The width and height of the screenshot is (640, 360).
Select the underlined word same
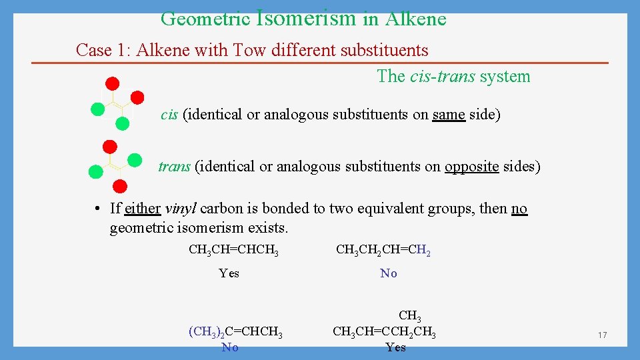tap(448, 115)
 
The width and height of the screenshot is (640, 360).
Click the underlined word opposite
tap(471, 167)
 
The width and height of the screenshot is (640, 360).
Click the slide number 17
tap(602, 335)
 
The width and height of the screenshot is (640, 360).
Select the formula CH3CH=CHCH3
tap(233, 251)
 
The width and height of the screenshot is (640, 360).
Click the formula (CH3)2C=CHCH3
tap(235, 332)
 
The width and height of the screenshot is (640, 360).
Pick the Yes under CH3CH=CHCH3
tap(229, 273)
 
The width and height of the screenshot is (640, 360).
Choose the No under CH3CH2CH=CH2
tap(388, 273)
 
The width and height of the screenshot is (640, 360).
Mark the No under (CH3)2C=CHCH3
tap(230, 347)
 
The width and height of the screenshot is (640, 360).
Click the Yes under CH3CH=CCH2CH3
tap(395, 347)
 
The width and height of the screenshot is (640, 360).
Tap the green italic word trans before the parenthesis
tap(174, 167)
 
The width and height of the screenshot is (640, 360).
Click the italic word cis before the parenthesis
tap(169, 115)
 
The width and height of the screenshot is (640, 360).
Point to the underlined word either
tap(143, 209)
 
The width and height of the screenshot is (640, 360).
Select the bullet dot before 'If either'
tap(97, 209)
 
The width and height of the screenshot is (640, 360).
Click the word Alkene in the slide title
tap(414, 19)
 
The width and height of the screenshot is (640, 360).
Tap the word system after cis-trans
tap(505, 77)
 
